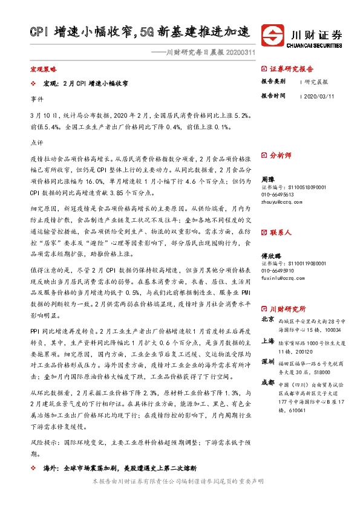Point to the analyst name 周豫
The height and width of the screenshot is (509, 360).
(x=268, y=180)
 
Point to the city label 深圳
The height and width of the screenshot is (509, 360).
(x=267, y=361)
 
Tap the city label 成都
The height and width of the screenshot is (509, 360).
(x=267, y=382)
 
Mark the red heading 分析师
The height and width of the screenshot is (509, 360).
(x=280, y=155)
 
